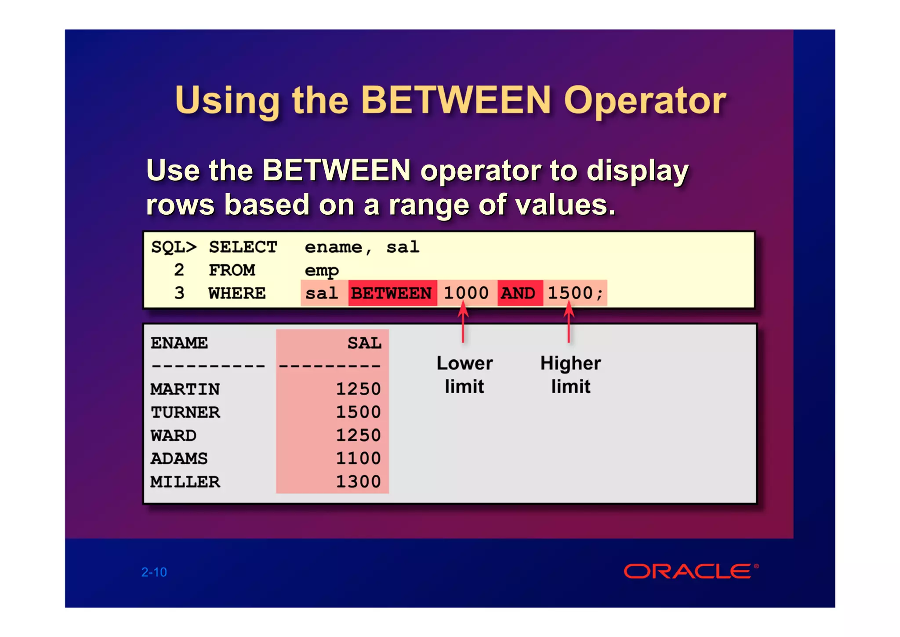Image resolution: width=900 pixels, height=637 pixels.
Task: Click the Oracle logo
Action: click(x=688, y=571)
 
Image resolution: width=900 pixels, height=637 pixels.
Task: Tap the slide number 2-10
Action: click(x=154, y=572)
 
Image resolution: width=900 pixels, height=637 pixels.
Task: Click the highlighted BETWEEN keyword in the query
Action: click(x=392, y=293)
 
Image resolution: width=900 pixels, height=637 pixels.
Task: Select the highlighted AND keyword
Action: click(x=518, y=293)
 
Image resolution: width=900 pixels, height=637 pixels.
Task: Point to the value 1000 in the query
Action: click(x=466, y=293)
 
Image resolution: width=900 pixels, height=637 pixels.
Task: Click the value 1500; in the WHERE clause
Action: click(x=575, y=293)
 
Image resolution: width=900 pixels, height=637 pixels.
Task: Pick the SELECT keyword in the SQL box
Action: click(x=243, y=247)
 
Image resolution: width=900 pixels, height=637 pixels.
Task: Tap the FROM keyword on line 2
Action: click(x=232, y=270)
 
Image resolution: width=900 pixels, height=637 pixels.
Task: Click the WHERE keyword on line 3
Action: click(x=237, y=293)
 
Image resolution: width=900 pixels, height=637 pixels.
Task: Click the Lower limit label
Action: click(x=465, y=375)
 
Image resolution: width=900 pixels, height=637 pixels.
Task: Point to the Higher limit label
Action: click(x=570, y=375)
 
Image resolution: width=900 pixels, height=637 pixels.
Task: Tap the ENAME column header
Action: click(x=179, y=343)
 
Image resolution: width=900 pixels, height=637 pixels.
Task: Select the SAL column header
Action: click(x=364, y=343)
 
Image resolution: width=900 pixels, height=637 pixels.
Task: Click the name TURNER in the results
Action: click(x=185, y=412)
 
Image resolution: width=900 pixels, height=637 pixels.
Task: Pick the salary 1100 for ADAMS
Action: click(x=358, y=458)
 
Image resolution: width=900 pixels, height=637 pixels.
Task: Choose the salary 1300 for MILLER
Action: click(x=358, y=482)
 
